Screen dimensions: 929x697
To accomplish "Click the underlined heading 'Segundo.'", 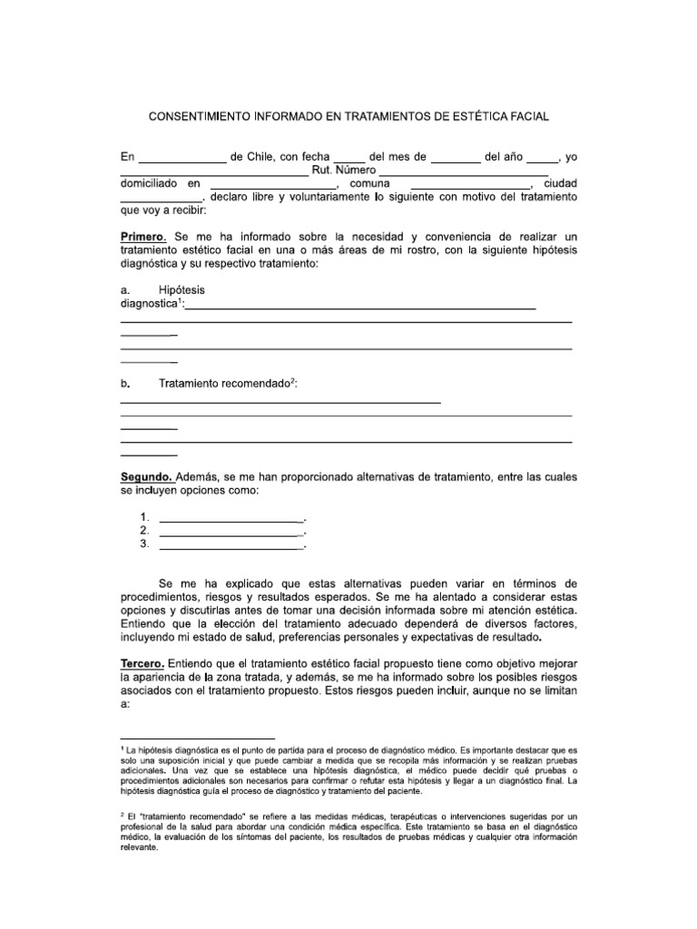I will click(x=146, y=476).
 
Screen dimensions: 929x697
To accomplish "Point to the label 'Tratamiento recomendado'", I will click(x=223, y=384).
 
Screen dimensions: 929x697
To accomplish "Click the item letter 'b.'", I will click(x=126, y=384).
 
